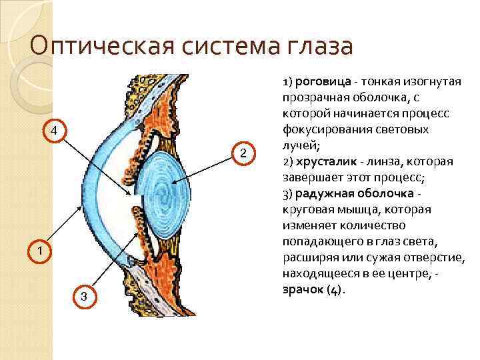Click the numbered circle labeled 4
(56, 130)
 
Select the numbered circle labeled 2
(243, 154)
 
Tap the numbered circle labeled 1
(40, 251)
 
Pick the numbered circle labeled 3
(83, 296)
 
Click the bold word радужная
(324, 194)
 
